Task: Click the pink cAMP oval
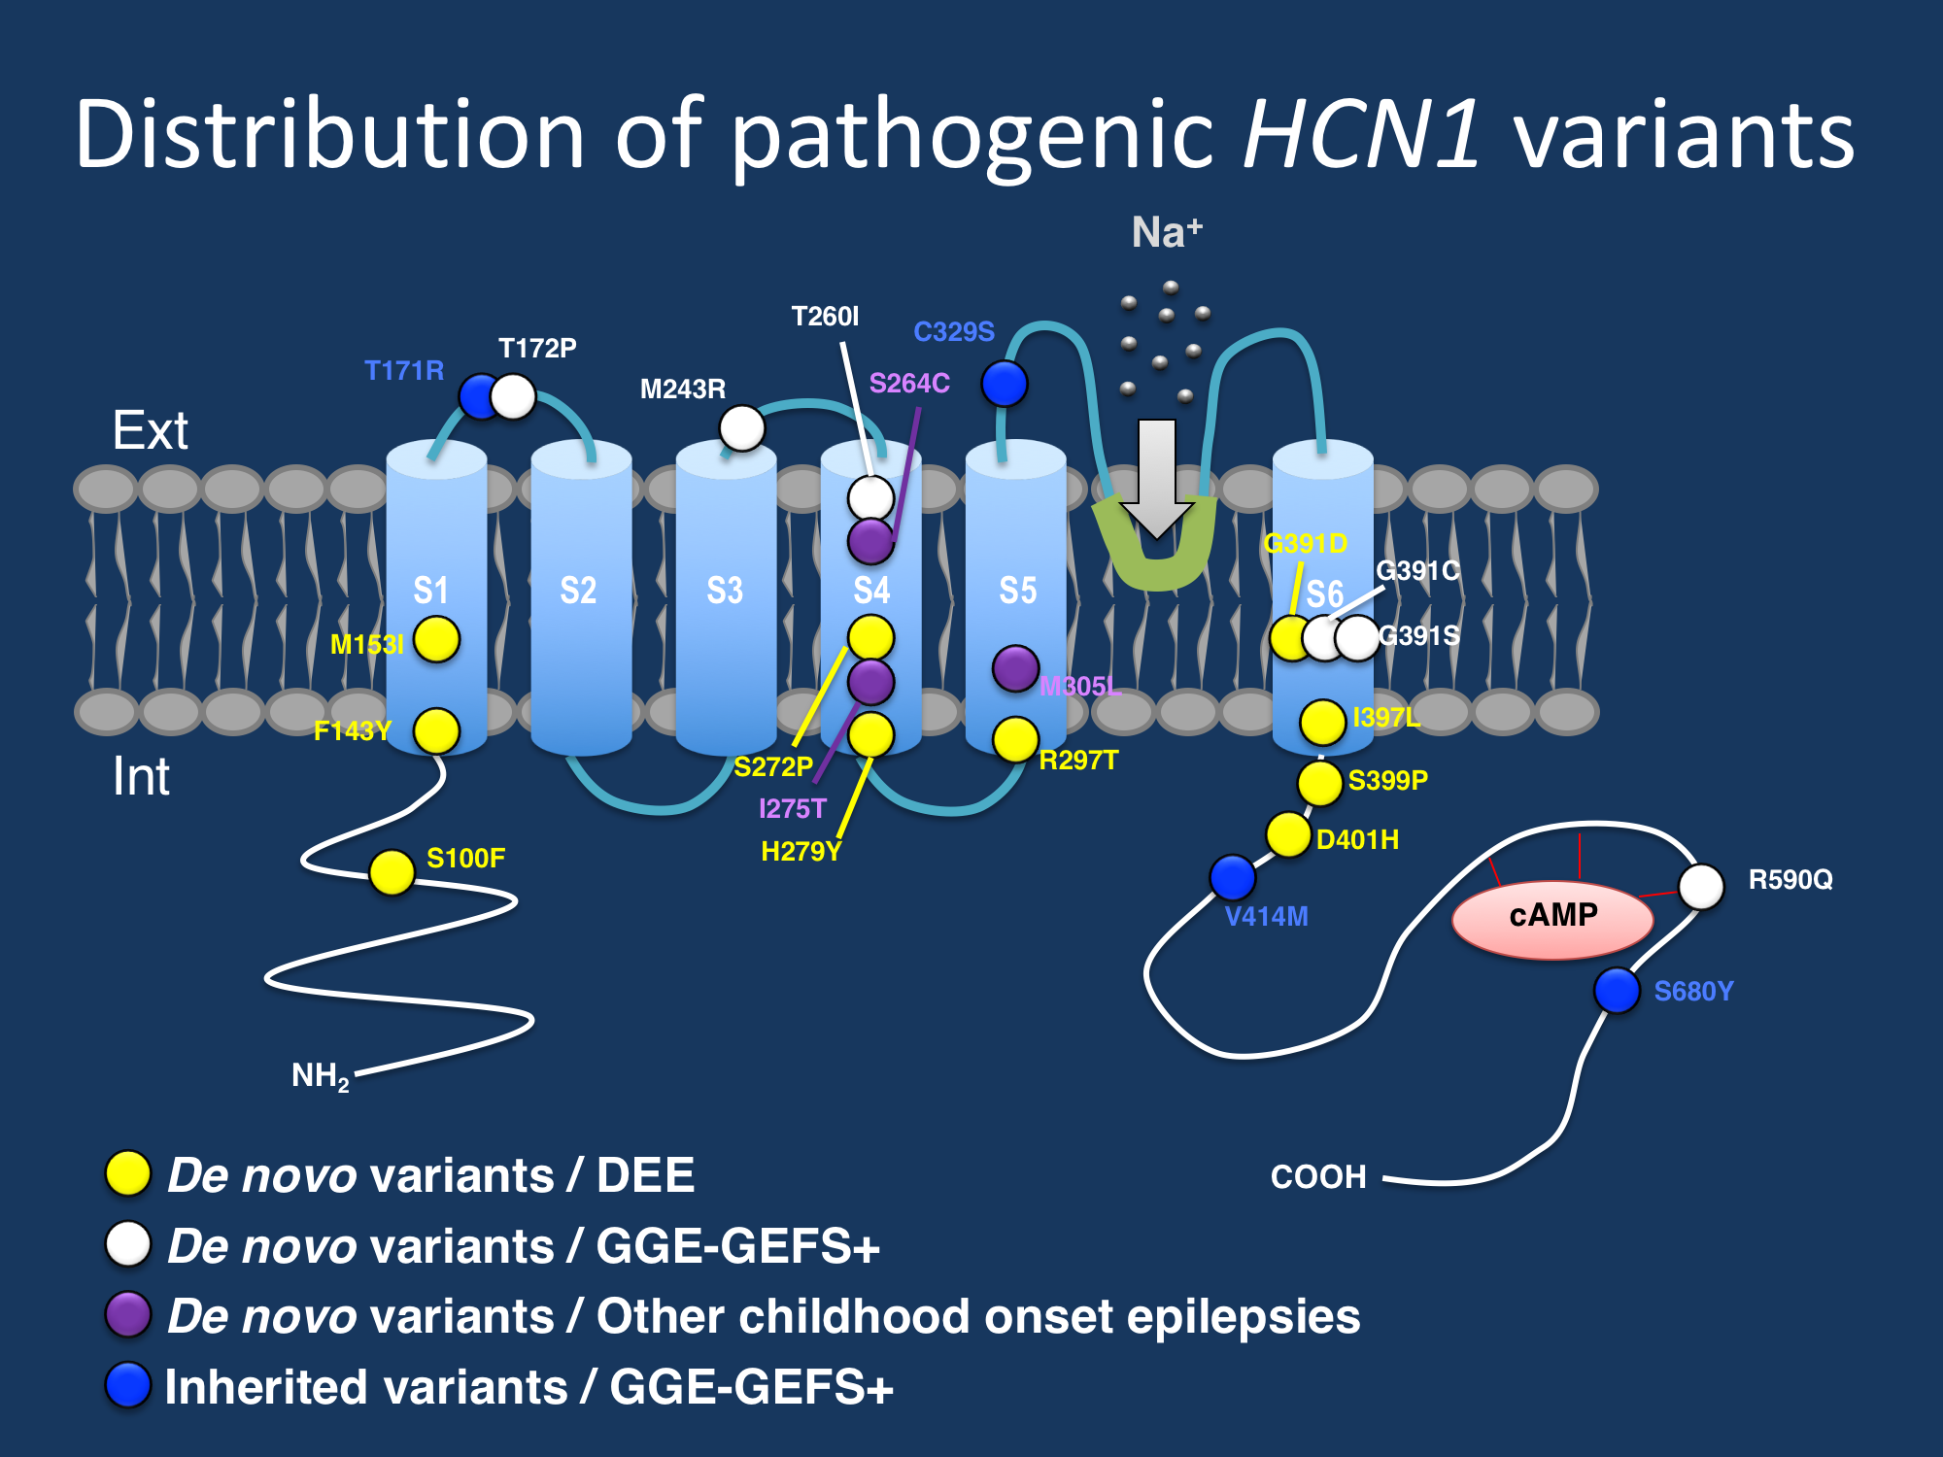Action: click(1552, 918)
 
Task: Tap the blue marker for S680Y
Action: click(1618, 990)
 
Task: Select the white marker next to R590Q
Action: click(1701, 886)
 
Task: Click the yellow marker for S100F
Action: click(392, 871)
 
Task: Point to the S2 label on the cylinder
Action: click(578, 591)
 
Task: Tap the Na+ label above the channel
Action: click(1167, 233)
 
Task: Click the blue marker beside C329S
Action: click(1004, 383)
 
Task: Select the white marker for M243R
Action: click(742, 428)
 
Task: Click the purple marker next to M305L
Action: click(1015, 668)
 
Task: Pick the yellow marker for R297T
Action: click(1015, 740)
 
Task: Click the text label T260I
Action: click(825, 317)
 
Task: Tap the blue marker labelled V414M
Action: click(1232, 877)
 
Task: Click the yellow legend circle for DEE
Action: click(128, 1173)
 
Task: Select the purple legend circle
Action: click(128, 1315)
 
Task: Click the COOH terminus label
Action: click(1318, 1177)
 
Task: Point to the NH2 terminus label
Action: click(320, 1075)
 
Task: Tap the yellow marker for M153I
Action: click(436, 639)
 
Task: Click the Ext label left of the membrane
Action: click(150, 430)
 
